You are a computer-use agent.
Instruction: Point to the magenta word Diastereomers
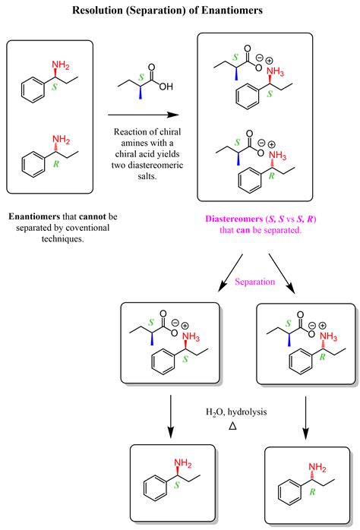pyautogui.click(x=233, y=219)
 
